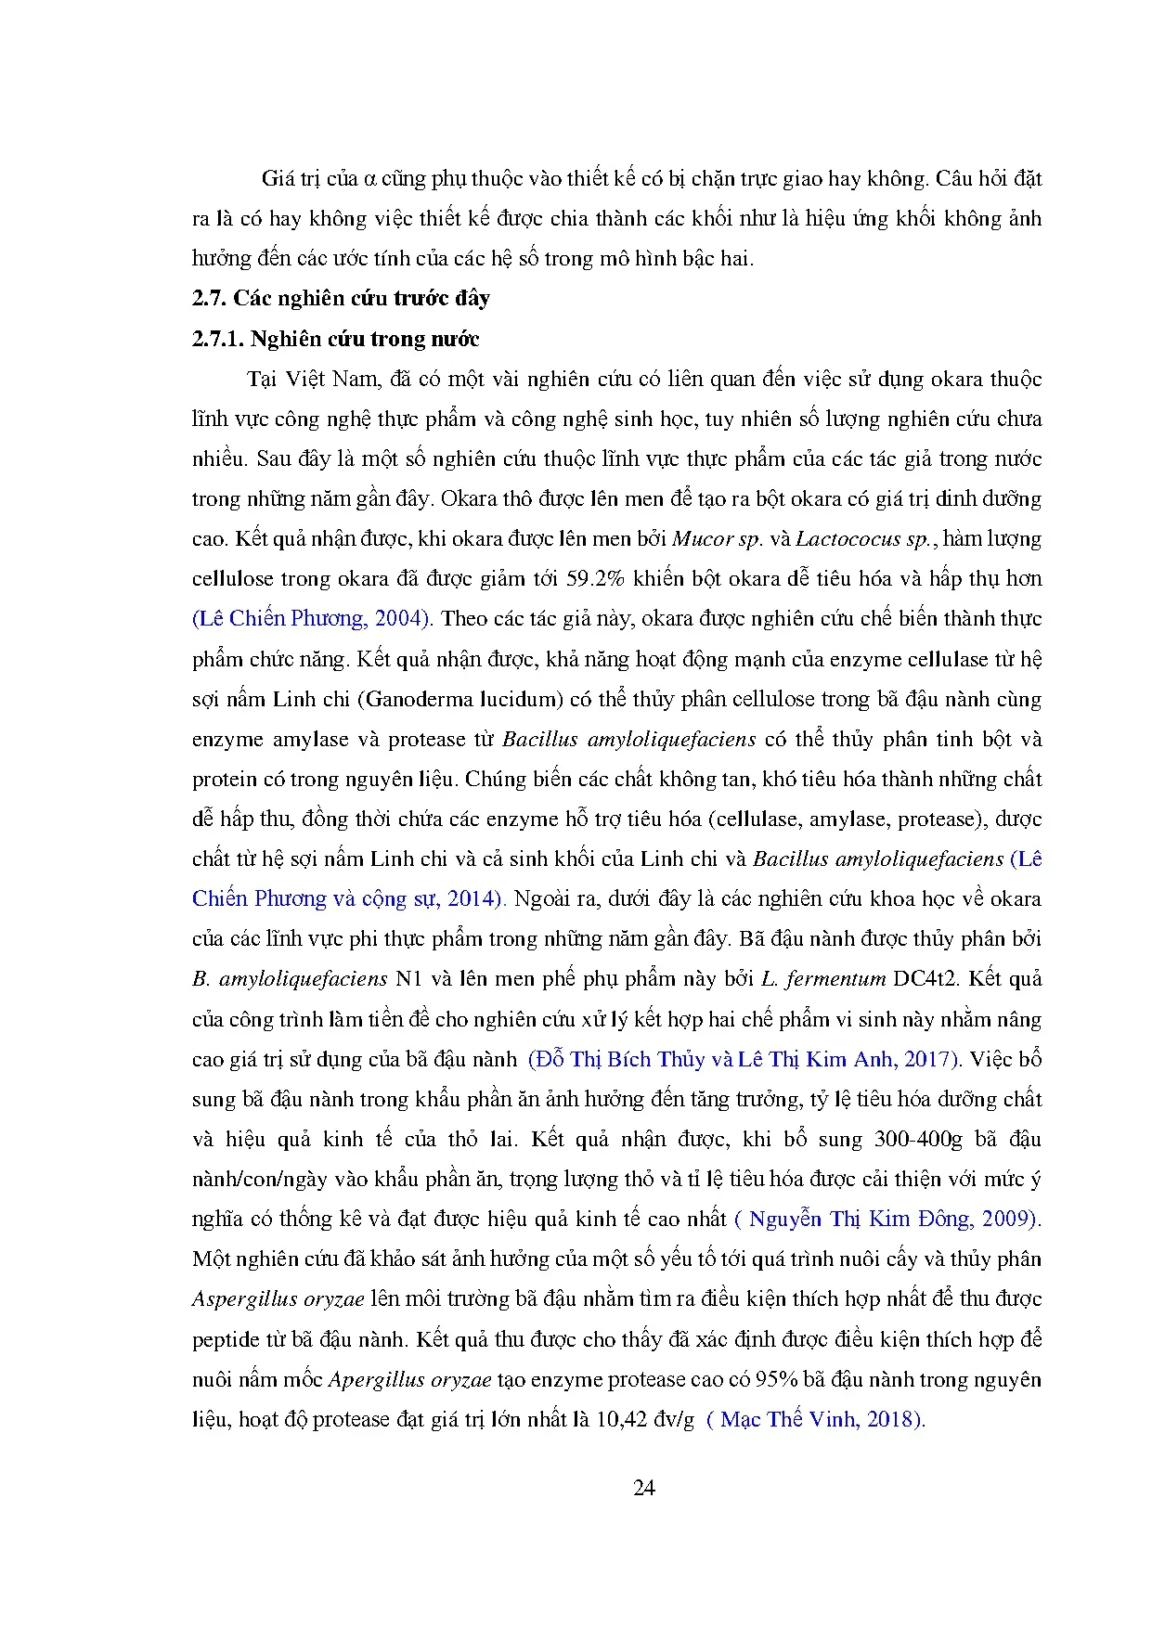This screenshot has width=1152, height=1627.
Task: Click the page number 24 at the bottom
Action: coord(643,1488)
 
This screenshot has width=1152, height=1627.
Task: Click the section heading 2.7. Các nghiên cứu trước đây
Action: coord(341,298)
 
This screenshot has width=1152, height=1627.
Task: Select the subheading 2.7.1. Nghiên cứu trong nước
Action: coord(335,339)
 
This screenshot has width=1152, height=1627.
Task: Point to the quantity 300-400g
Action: coord(918,1139)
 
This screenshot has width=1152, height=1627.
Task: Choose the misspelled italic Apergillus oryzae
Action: coord(409,1379)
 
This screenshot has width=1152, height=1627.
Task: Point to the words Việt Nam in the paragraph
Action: coord(331,379)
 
